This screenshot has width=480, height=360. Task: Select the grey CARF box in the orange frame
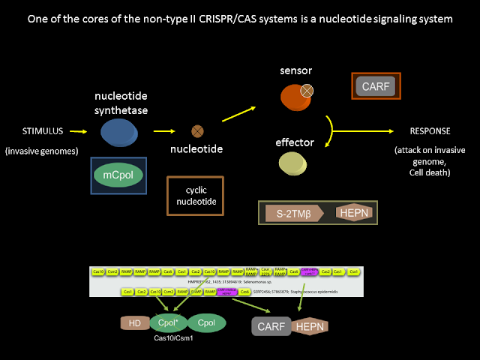(x=376, y=86)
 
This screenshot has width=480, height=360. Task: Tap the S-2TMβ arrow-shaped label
(x=293, y=213)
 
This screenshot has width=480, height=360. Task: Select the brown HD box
(x=135, y=323)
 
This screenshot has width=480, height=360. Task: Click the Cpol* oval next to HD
(x=168, y=323)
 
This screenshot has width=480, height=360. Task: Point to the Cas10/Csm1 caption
(x=172, y=339)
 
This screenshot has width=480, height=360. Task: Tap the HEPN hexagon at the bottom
(x=310, y=325)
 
